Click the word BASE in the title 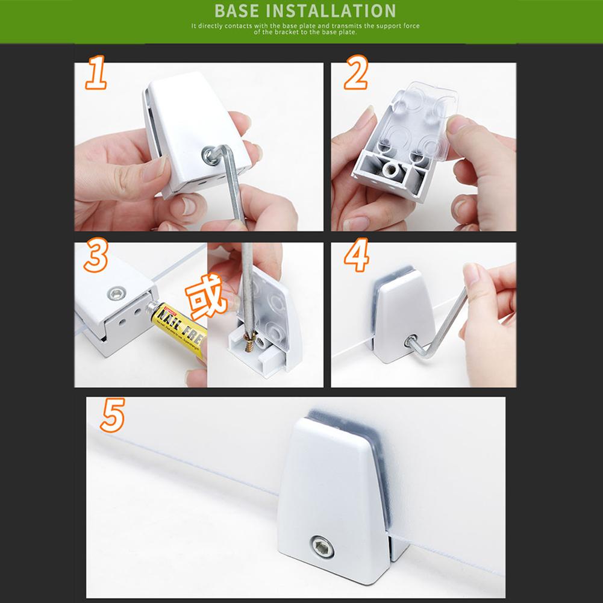point(238,11)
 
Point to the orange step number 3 point(96,255)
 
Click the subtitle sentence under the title point(305,29)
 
